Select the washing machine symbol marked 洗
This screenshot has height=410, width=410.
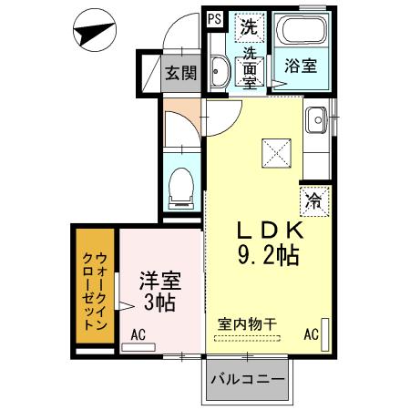(248, 26)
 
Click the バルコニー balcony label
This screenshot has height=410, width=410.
(248, 378)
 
